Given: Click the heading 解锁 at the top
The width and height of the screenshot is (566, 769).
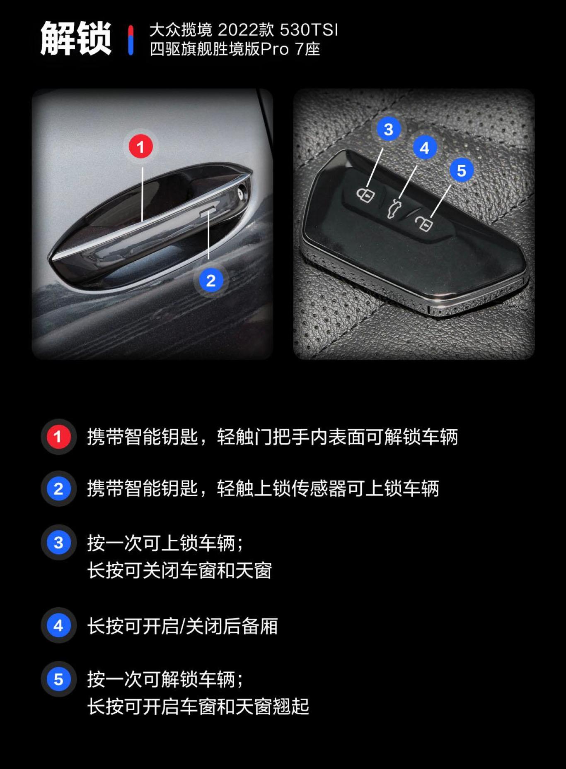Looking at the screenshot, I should (76, 38).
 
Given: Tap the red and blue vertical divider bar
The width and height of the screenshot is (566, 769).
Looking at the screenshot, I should (131, 40).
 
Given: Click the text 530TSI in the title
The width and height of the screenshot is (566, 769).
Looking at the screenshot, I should (309, 30).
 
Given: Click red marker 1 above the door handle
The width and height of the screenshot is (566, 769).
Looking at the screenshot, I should (140, 147).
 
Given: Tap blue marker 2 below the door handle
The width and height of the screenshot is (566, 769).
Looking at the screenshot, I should (210, 281).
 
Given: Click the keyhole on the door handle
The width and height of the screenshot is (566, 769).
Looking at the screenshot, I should (242, 193).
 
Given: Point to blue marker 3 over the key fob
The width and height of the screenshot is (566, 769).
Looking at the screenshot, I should (388, 129).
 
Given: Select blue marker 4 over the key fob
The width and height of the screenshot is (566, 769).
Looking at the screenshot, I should (424, 148).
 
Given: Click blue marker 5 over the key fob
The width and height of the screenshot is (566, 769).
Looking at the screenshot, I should (461, 170).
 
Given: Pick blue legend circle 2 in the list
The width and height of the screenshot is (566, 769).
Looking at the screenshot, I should (58, 488).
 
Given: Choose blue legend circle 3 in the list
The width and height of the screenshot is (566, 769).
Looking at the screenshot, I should (58, 542).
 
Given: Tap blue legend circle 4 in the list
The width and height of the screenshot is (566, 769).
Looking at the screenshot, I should (58, 625).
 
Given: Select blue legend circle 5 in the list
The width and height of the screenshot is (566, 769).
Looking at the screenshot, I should (58, 679).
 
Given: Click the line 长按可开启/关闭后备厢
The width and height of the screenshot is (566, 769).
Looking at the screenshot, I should (182, 626).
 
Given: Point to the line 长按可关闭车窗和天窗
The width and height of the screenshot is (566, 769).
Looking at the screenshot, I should (179, 570).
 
